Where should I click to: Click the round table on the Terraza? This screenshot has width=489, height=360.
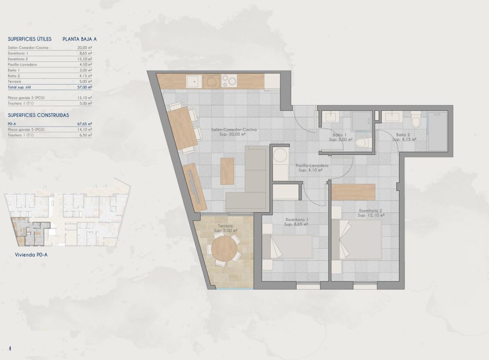click(x=224, y=248)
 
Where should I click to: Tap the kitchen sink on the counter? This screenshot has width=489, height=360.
click(x=193, y=82)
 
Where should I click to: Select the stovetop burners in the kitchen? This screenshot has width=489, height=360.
click(x=229, y=81)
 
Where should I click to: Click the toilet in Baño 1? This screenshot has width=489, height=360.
click(x=362, y=143)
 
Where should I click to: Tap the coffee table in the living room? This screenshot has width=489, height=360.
click(x=227, y=170)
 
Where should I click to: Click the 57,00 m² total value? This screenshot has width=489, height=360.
click(x=84, y=87)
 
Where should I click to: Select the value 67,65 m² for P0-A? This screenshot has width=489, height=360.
click(x=84, y=123)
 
